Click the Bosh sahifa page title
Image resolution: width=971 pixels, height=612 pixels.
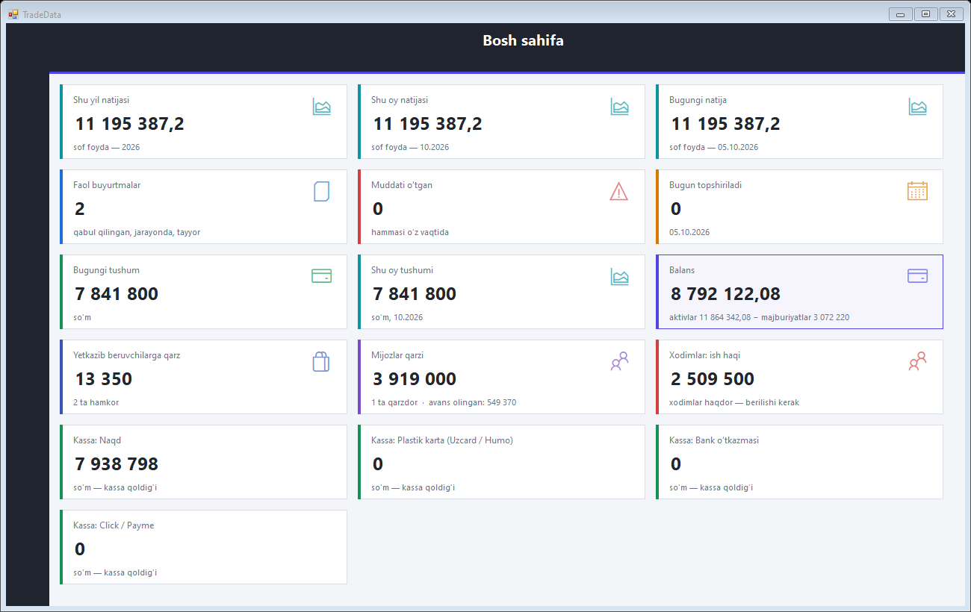pyautogui.click(x=523, y=40)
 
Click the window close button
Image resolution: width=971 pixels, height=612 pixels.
pyautogui.click(x=951, y=14)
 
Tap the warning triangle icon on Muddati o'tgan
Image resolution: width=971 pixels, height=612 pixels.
pyautogui.click(x=618, y=192)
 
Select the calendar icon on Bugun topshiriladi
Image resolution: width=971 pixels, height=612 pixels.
pyautogui.click(x=917, y=191)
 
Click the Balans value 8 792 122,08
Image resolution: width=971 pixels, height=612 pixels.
pyautogui.click(x=725, y=293)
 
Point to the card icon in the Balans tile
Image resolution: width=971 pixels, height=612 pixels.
pyautogui.click(x=917, y=276)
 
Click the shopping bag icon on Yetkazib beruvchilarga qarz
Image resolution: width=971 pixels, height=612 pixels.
pyautogui.click(x=320, y=361)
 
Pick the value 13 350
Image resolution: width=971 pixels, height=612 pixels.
pyautogui.click(x=103, y=379)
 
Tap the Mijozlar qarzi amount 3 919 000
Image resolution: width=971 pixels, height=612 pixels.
pyautogui.click(x=414, y=379)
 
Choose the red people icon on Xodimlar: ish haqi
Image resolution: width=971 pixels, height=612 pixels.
pyautogui.click(x=917, y=360)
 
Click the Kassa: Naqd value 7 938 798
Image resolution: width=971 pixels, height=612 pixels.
pyautogui.click(x=117, y=464)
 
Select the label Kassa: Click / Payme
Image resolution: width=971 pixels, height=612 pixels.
pyautogui.click(x=114, y=525)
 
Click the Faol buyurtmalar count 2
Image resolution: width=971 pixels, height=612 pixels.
pyautogui.click(x=79, y=209)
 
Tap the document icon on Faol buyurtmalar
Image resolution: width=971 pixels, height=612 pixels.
pyautogui.click(x=321, y=192)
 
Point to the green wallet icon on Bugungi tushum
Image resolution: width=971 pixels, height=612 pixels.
pyautogui.click(x=321, y=276)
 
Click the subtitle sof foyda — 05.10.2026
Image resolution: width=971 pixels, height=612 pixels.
pyautogui.click(x=713, y=147)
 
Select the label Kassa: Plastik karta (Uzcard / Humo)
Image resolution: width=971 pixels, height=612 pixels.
pyautogui.click(x=441, y=440)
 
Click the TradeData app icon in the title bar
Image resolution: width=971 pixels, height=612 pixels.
pyautogui.click(x=13, y=14)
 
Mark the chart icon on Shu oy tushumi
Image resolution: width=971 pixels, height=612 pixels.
pyautogui.click(x=619, y=277)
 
